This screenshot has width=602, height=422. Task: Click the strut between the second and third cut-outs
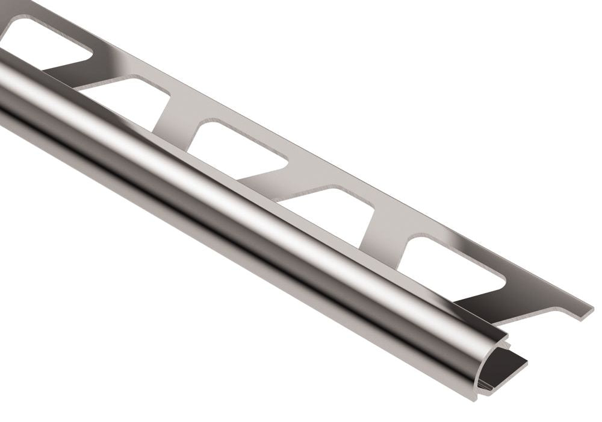tap(175, 121)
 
